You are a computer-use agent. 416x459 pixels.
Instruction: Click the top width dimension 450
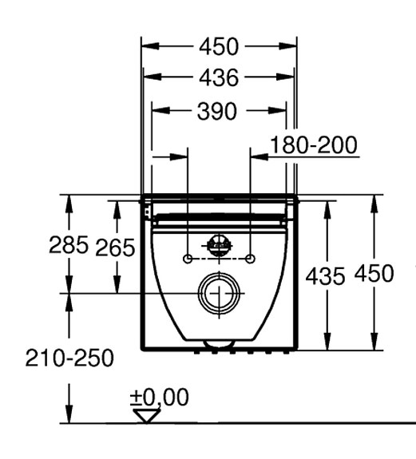pyautogui.click(x=219, y=46)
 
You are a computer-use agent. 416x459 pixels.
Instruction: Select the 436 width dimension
pyautogui.click(x=219, y=77)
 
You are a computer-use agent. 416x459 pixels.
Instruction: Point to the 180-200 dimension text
pyautogui.click(x=313, y=144)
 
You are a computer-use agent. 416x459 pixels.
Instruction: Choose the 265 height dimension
pyautogui.click(x=116, y=248)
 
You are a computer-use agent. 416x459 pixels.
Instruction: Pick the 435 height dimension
pyautogui.click(x=326, y=276)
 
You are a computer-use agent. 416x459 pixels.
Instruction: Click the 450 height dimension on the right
pyautogui.click(x=374, y=273)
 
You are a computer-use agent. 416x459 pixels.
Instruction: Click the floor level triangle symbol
pyautogui.click(x=146, y=416)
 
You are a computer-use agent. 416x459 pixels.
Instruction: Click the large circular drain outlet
pyautogui.click(x=216, y=293)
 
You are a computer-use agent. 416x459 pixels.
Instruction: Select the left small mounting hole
pyautogui.click(x=187, y=259)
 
